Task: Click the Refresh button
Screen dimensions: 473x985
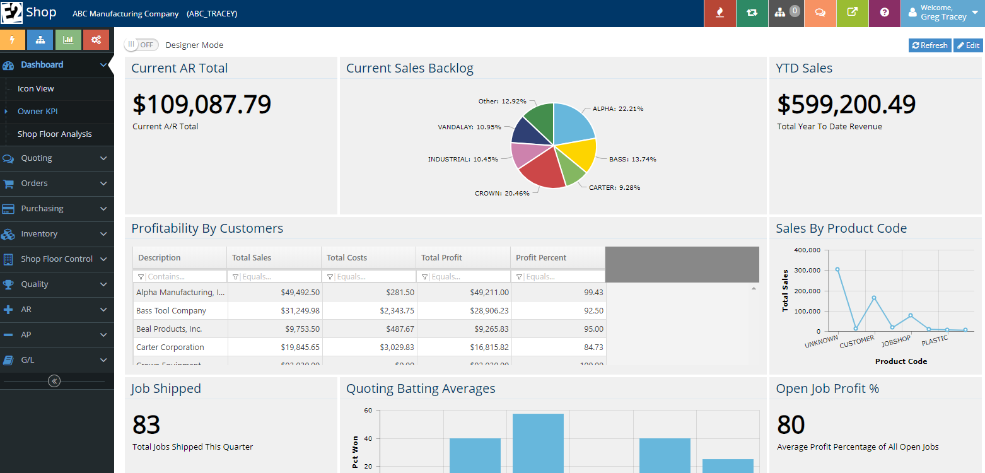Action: point(930,45)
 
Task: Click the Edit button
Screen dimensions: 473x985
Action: point(968,45)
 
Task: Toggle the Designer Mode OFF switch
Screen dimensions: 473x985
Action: point(141,45)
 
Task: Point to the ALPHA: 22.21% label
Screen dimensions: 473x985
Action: point(617,108)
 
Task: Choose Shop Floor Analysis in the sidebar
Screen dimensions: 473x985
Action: point(54,134)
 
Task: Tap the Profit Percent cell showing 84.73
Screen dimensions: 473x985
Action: point(558,347)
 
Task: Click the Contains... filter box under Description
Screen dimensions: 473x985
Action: point(184,277)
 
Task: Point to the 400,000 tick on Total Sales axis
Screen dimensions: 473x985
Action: point(807,250)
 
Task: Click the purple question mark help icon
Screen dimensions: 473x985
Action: point(884,13)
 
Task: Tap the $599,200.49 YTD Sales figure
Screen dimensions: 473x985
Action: point(846,105)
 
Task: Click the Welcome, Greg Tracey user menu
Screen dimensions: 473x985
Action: point(943,13)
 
